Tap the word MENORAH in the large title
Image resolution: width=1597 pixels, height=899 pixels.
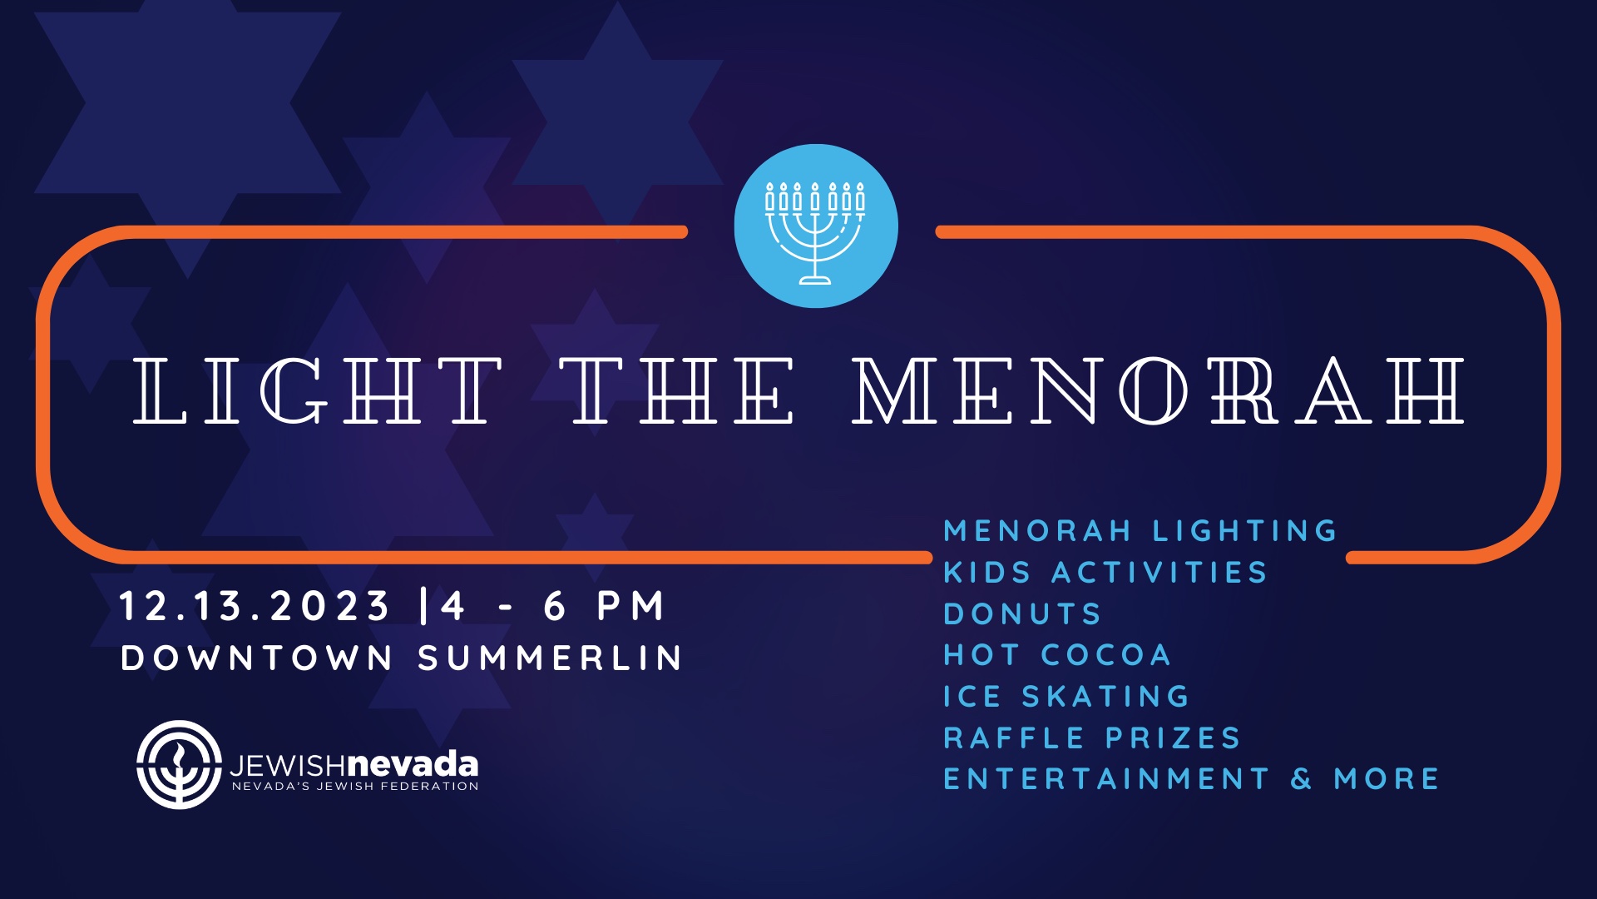pyautogui.click(x=1159, y=390)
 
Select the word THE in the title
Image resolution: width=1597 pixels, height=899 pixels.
pyautogui.click(x=676, y=390)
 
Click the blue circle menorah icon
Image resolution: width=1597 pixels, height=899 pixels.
pyautogui.click(x=816, y=226)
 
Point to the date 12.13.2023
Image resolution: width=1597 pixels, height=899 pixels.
pyautogui.click(x=254, y=606)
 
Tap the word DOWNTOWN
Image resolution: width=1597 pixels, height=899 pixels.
pyautogui.click(x=256, y=658)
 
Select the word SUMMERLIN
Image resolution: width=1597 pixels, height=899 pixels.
pyautogui.click(x=550, y=658)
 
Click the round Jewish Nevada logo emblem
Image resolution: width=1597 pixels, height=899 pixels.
pyautogui.click(x=179, y=765)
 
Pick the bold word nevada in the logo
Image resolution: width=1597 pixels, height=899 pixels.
pyautogui.click(x=412, y=763)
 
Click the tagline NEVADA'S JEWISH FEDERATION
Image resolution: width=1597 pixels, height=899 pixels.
pyautogui.click(x=355, y=787)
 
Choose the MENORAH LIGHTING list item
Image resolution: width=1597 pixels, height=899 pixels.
pyautogui.click(x=1140, y=531)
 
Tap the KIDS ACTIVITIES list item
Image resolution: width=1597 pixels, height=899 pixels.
pyautogui.click(x=1105, y=573)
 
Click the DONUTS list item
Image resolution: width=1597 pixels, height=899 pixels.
pyautogui.click(x=1022, y=614)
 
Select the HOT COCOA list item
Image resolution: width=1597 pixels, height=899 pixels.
pyautogui.click(x=1057, y=655)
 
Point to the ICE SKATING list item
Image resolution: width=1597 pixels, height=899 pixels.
pyautogui.click(x=1066, y=697)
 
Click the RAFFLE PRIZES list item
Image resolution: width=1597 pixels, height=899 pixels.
pyautogui.click(x=1091, y=738)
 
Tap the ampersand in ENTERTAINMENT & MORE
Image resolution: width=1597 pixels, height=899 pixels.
pyautogui.click(x=1302, y=779)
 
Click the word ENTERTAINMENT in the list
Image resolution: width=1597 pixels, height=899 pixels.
pyautogui.click(x=1106, y=779)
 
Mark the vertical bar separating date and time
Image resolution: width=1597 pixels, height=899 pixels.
pyautogui.click(x=424, y=606)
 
